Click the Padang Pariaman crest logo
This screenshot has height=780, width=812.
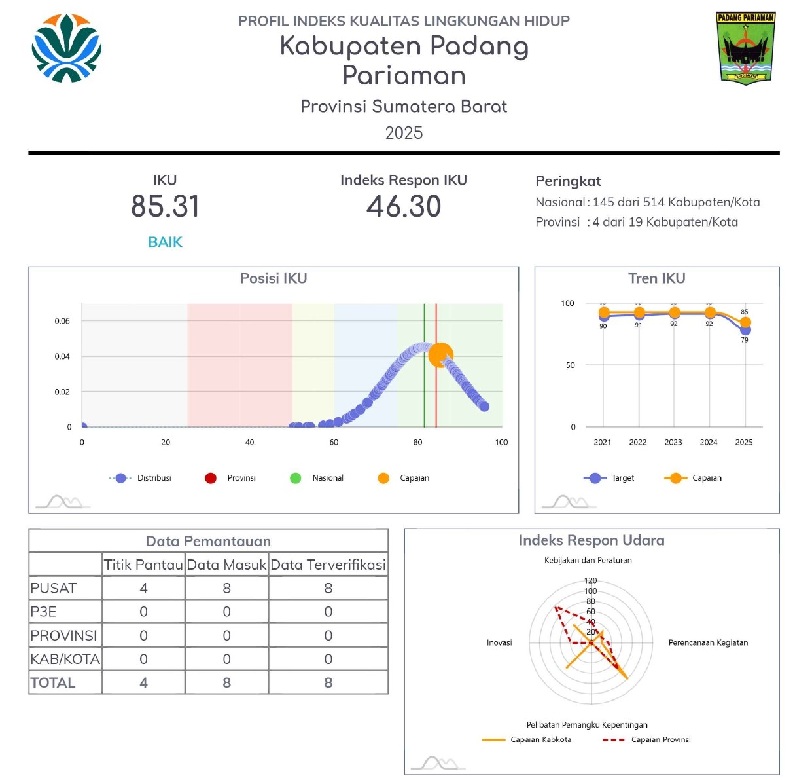click(x=745, y=48)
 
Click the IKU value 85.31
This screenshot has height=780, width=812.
click(x=165, y=206)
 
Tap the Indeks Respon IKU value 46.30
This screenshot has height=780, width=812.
click(x=404, y=206)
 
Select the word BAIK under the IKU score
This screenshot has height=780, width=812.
click(x=165, y=242)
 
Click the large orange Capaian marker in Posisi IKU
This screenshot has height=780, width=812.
click(x=440, y=355)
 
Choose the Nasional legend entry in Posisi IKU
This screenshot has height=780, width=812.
click(x=317, y=478)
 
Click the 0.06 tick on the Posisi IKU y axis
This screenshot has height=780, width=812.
click(x=62, y=321)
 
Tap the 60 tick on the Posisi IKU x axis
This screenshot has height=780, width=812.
click(x=334, y=443)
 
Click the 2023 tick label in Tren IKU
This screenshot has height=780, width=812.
click(x=673, y=443)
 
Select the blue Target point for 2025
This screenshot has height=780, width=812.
click(x=745, y=330)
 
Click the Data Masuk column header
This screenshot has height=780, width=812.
click(x=226, y=565)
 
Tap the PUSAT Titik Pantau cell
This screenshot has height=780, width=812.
click(x=143, y=588)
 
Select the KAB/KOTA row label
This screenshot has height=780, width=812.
click(x=65, y=659)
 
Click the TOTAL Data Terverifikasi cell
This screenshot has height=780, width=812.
click(x=328, y=682)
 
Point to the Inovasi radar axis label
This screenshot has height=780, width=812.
click(x=499, y=642)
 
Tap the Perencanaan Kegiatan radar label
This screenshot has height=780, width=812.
click(x=708, y=642)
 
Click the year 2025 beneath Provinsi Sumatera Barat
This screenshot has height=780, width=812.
click(x=404, y=133)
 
